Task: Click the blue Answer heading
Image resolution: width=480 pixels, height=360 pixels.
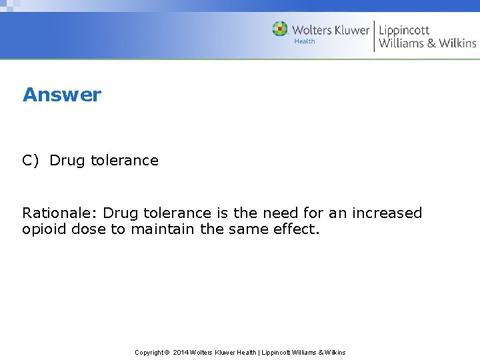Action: pyautogui.click(x=62, y=95)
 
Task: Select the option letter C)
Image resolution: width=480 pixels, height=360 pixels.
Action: pyautogui.click(x=31, y=161)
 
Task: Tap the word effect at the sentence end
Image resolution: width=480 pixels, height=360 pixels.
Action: pyautogui.click(x=297, y=230)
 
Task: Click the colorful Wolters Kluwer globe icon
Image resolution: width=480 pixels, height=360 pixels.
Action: pyautogui.click(x=280, y=29)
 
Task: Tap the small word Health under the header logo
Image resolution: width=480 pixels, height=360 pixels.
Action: pyautogui.click(x=305, y=41)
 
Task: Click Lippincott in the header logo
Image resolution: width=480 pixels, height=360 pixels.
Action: pyautogui.click(x=404, y=30)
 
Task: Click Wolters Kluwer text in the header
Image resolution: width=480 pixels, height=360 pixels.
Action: pyautogui.click(x=330, y=30)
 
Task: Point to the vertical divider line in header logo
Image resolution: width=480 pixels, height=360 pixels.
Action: pyautogui.click(x=374, y=36)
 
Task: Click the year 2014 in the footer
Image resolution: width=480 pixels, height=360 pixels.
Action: pyautogui.click(x=180, y=352)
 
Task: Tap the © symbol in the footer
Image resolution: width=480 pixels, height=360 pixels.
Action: pyautogui.click(x=167, y=352)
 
